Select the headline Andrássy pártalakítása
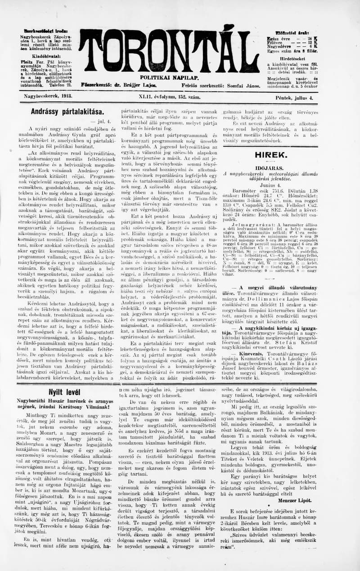pyautogui.click(x=67, y=111)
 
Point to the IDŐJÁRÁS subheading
pyautogui.click(x=269, y=167)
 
